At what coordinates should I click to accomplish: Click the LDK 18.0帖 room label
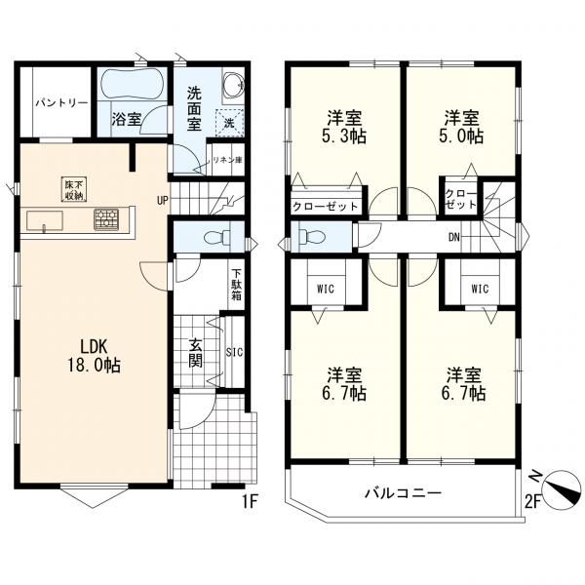pos(94,356)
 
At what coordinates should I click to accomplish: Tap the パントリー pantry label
pos(62,102)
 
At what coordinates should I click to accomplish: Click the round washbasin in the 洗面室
pos(234,84)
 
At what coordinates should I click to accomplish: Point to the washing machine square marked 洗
pos(229,123)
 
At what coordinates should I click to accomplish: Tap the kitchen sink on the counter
pos(45,221)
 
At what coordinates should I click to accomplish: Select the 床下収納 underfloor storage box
pos(74,189)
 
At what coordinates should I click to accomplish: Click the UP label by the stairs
pos(163,201)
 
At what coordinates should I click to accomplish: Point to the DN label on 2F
pos(454,237)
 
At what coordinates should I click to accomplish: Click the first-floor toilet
pos(218,237)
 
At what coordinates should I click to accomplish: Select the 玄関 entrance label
pos(196,352)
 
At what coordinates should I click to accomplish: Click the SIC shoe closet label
pos(235,352)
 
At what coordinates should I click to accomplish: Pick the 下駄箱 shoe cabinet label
pos(237,285)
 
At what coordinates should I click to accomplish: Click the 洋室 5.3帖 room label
pos(344,127)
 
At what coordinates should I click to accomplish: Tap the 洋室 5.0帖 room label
pos(461,127)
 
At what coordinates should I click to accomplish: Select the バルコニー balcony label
pos(403,493)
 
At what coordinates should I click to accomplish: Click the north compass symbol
pos(562,489)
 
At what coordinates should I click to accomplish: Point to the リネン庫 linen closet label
pos(227,161)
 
